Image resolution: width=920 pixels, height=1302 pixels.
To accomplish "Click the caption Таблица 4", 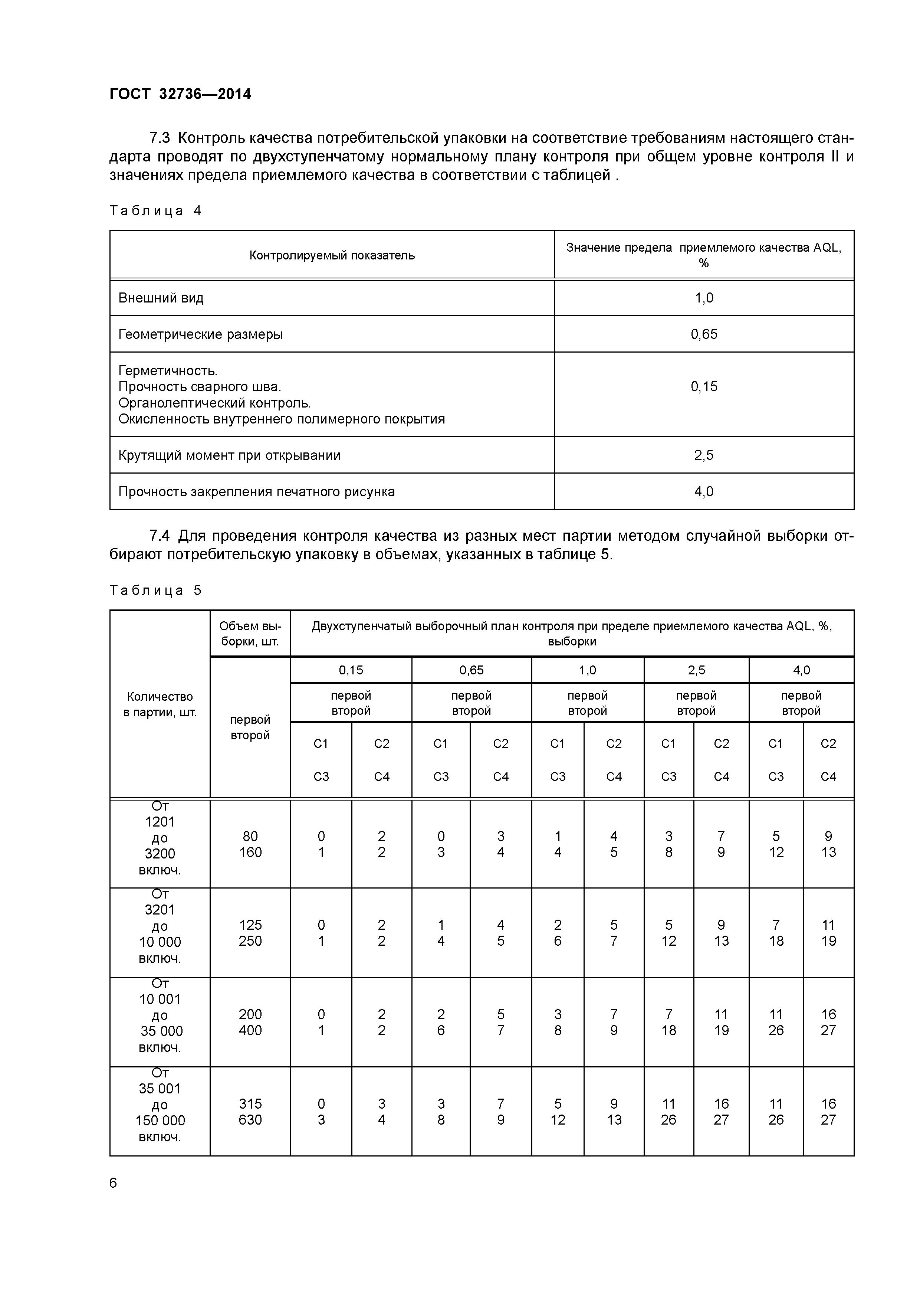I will pyautogui.click(x=155, y=211).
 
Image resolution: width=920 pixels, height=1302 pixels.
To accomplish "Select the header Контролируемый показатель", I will pyautogui.click(x=332, y=255).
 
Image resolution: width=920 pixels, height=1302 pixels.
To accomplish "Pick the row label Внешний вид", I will pyautogui.click(x=161, y=298).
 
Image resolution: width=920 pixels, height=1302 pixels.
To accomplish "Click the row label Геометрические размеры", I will pyautogui.click(x=200, y=334).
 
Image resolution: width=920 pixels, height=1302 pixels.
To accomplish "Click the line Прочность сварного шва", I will pyautogui.click(x=200, y=387).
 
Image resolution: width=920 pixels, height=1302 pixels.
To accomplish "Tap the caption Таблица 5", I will pyautogui.click(x=155, y=591).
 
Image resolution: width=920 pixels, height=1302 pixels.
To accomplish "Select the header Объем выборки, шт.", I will pyautogui.click(x=250, y=634).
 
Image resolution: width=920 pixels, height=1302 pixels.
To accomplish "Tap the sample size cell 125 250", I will pyautogui.click(x=250, y=933).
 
